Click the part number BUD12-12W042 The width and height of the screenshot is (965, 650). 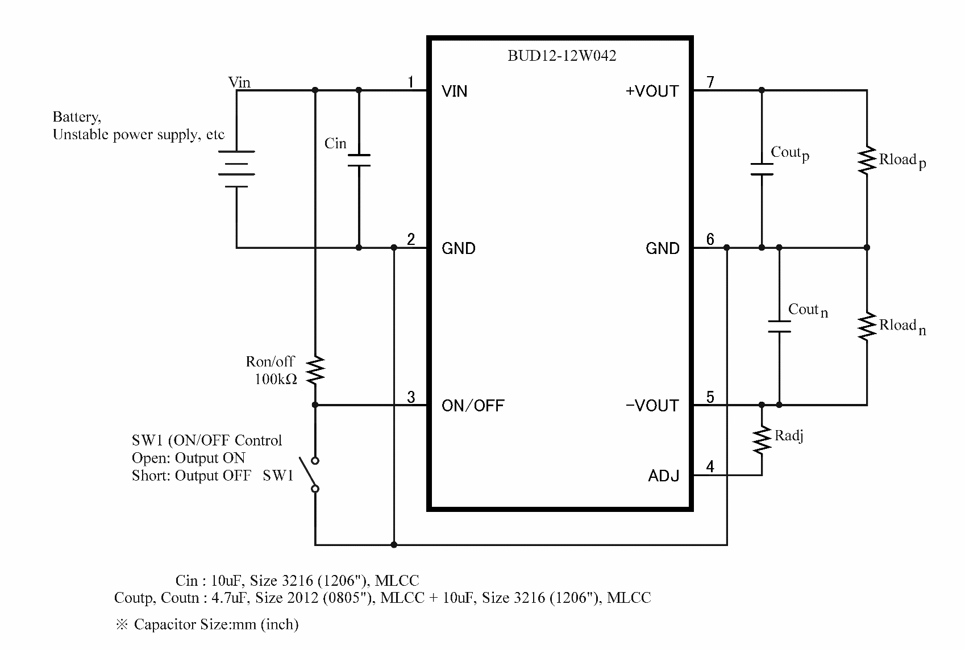(561, 56)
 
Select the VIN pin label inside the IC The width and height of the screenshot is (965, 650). (454, 91)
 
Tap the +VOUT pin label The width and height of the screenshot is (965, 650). (652, 91)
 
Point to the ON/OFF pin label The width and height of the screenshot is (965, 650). (473, 405)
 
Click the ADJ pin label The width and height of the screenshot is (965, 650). (663, 476)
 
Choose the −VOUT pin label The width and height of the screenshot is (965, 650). (652, 405)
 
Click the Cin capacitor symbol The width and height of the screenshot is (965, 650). (359, 160)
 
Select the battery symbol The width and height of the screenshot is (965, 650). (236, 169)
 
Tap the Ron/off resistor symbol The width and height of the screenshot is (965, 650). (315, 370)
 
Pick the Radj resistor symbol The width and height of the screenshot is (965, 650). (762, 440)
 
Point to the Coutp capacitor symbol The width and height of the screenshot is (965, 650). (762, 169)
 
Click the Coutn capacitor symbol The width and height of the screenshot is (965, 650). (779, 327)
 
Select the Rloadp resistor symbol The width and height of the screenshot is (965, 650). (867, 160)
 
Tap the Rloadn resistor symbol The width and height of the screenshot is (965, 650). (867, 327)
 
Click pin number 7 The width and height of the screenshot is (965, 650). (710, 81)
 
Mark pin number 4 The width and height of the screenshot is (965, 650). (710, 466)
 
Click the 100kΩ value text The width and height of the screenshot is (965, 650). (276, 379)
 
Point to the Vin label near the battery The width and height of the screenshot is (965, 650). (239, 82)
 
